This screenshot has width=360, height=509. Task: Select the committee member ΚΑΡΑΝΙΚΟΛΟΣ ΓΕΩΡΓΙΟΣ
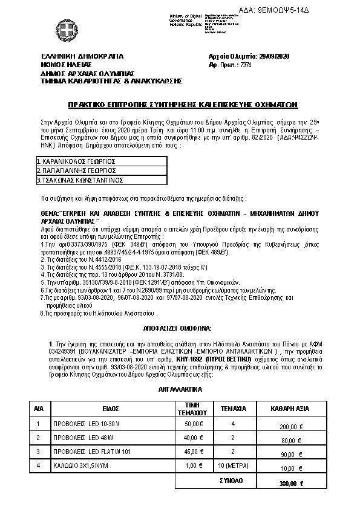click(76, 162)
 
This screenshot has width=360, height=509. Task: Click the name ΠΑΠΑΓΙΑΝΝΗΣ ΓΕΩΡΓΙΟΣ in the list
click(76, 171)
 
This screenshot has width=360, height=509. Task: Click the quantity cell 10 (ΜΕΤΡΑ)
click(233, 465)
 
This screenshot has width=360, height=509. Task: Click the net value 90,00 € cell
click(289, 454)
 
